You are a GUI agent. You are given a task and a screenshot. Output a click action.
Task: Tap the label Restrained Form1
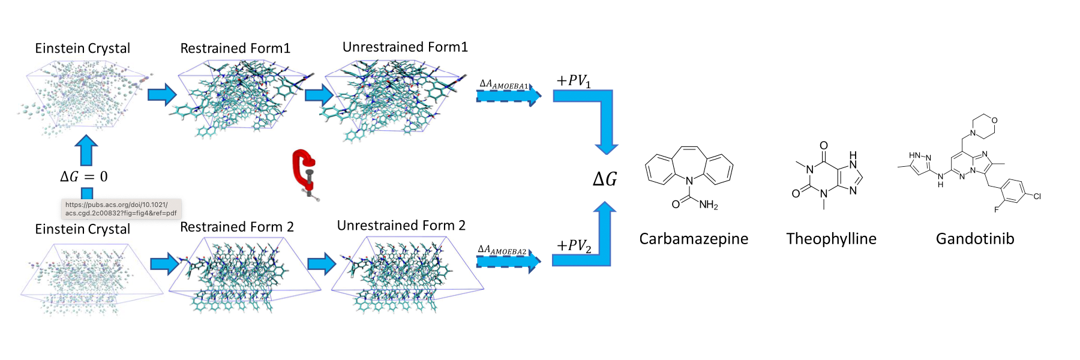click(x=235, y=49)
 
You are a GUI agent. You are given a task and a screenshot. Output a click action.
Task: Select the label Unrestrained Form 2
click(x=401, y=226)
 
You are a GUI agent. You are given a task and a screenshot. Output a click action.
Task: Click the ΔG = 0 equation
click(x=84, y=176)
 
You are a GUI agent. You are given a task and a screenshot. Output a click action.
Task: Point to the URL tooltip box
click(x=121, y=209)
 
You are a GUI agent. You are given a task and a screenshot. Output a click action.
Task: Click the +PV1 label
click(x=574, y=81)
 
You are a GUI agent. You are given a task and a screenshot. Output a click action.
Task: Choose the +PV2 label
click(x=574, y=246)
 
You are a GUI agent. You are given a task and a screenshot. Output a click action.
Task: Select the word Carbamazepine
click(x=694, y=239)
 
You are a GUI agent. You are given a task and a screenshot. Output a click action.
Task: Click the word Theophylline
click(x=831, y=239)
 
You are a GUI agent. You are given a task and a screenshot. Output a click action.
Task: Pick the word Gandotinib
click(x=975, y=239)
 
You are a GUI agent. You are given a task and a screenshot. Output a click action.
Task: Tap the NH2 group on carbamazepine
click(x=708, y=205)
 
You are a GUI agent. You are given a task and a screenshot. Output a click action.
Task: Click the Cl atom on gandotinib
click(x=1037, y=196)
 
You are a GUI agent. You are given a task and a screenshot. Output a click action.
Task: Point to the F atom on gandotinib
click(x=996, y=209)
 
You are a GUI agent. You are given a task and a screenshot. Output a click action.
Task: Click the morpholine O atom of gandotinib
click(x=994, y=121)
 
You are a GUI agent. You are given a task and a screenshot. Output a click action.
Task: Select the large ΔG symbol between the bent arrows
click(x=605, y=179)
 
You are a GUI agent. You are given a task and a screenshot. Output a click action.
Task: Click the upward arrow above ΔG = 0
click(x=86, y=150)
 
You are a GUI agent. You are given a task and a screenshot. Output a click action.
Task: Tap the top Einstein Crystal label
click(x=82, y=49)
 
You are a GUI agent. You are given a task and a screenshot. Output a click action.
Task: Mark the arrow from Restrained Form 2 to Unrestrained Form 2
click(x=322, y=263)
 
